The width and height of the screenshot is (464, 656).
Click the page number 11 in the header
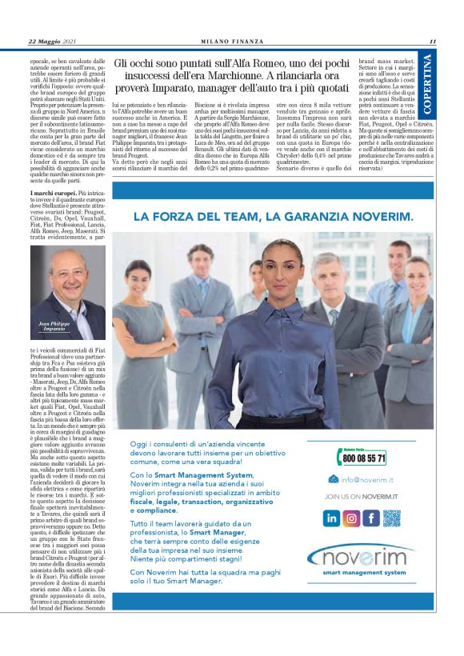pyautogui.click(x=431, y=42)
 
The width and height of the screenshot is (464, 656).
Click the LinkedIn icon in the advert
pyautogui.click(x=331, y=518)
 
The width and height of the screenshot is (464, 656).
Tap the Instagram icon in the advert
pyautogui.click(x=351, y=518)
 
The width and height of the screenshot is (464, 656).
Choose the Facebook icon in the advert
pyautogui.click(x=371, y=518)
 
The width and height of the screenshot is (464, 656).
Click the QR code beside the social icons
pyautogui.click(x=392, y=518)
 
